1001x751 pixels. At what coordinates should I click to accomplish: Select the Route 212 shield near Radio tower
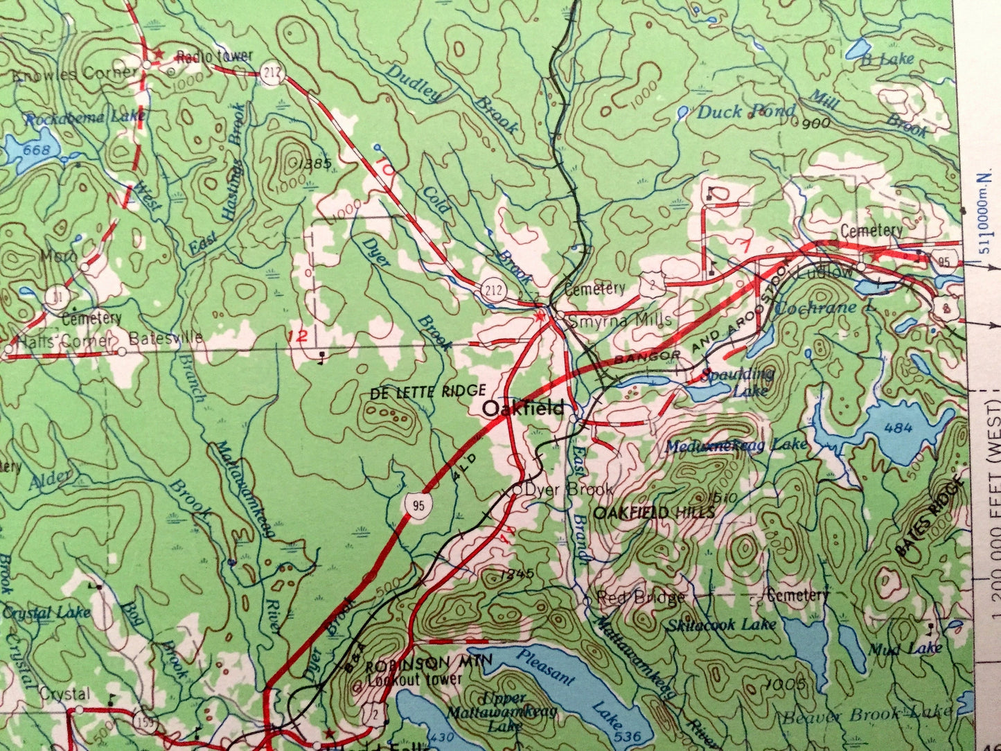click(x=272, y=73)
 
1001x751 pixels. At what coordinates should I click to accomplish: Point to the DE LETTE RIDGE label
click(x=428, y=391)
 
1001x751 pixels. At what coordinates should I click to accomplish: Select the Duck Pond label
click(x=745, y=112)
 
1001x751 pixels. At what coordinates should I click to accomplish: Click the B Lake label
click(x=887, y=60)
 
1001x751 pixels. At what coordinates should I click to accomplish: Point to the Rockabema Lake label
click(x=85, y=118)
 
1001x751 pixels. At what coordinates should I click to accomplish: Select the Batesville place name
click(x=166, y=337)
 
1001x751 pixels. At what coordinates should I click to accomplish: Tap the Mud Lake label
click(x=905, y=648)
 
